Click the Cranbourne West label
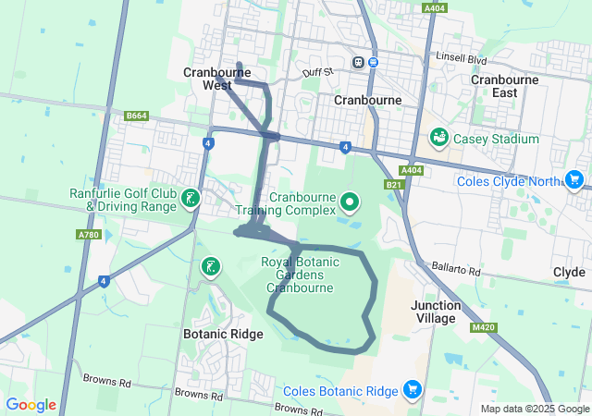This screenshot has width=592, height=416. click(x=208, y=79)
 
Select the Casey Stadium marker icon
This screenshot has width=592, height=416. click(x=439, y=139)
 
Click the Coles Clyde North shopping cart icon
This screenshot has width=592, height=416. click(x=574, y=180)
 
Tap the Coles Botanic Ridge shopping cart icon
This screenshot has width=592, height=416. click(x=413, y=391)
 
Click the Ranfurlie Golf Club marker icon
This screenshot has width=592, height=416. click(x=190, y=199)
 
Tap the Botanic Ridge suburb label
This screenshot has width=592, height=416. click(x=223, y=335)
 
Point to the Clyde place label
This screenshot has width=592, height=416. click(x=569, y=273)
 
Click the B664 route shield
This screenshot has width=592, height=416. click(x=137, y=116)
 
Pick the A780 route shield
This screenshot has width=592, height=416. click(x=89, y=235)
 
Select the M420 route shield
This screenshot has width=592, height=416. click(x=483, y=327)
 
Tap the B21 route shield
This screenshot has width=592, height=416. click(x=394, y=186)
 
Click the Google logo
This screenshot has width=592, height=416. click(x=31, y=405)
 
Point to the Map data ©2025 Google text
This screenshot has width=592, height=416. click(x=535, y=409)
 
